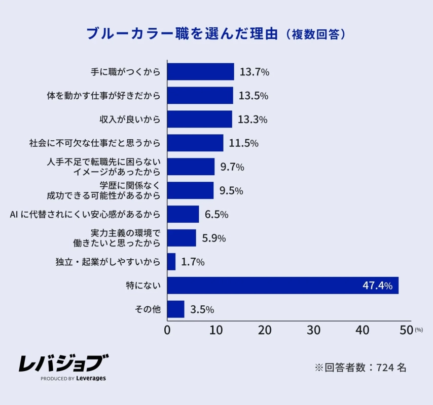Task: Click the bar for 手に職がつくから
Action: tap(200, 72)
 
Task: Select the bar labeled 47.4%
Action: tap(282, 286)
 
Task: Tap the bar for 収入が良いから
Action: tap(199, 119)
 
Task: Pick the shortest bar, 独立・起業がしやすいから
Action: tap(171, 262)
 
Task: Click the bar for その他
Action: tap(175, 309)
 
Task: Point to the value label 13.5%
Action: tap(252, 96)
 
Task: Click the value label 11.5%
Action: tap(243, 143)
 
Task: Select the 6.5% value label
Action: tap(216, 214)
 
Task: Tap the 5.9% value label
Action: tap(213, 238)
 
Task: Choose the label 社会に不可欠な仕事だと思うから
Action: tap(95, 143)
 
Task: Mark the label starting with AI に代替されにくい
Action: tap(85, 214)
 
